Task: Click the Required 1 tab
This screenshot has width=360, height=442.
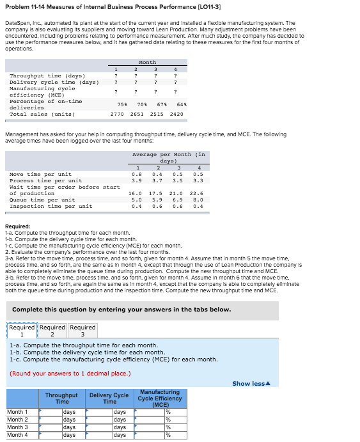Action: click(22, 331)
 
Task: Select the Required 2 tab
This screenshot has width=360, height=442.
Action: click(52, 331)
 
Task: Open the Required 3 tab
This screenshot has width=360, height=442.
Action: click(82, 331)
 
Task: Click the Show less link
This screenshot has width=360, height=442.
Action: click(250, 383)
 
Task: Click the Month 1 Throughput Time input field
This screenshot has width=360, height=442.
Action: click(51, 412)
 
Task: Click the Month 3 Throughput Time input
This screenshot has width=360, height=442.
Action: click(51, 427)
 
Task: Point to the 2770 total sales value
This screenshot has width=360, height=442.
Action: click(117, 114)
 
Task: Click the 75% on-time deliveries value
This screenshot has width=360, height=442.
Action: click(122, 104)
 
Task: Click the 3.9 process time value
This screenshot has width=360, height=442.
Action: click(136, 180)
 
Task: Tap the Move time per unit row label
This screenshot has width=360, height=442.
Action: click(40, 174)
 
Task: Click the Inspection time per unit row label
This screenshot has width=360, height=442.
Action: click(51, 206)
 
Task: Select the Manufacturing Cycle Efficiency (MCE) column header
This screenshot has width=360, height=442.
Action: click(160, 398)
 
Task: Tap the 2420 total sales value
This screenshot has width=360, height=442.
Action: click(176, 114)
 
